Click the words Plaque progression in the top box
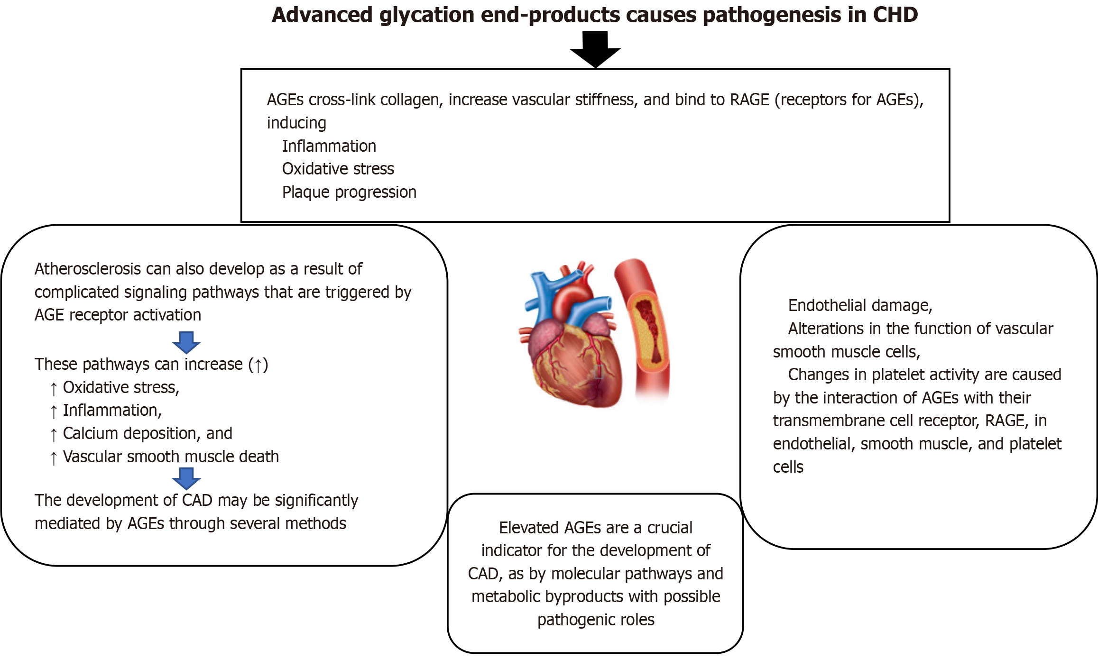(349, 192)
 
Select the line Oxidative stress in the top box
(338, 169)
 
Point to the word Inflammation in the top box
(329, 146)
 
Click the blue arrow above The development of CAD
(186, 478)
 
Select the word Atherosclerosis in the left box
(88, 269)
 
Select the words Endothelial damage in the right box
(860, 305)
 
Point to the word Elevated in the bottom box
(526, 528)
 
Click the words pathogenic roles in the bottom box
(596, 620)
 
